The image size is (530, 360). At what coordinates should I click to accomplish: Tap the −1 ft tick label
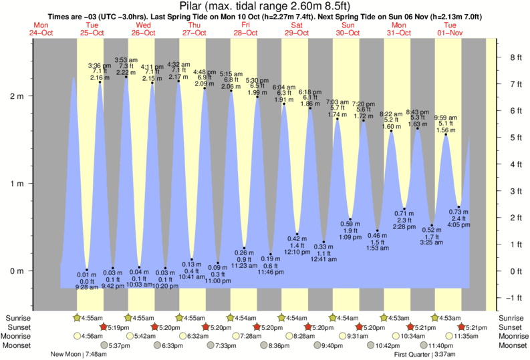513,297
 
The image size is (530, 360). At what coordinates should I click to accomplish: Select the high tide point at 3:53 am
126,76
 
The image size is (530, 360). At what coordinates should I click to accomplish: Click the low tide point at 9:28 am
87,270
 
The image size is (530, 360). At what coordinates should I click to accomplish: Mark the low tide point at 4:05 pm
458,207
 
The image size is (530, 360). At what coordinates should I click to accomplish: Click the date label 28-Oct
245,31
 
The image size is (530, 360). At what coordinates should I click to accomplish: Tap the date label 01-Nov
449,31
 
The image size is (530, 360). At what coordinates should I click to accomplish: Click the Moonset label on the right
512,345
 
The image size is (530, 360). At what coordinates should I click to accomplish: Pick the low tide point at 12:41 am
324,242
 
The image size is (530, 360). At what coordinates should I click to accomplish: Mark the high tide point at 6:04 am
284,104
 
